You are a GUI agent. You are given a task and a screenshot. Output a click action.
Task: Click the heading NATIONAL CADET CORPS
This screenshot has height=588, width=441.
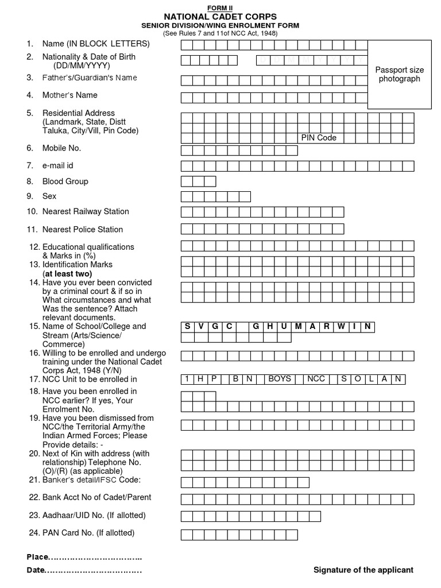click(220, 17)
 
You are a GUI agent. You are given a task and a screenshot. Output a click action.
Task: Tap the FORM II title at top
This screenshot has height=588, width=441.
click(220, 6)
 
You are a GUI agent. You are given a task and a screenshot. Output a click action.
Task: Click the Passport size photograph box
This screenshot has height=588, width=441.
click(400, 74)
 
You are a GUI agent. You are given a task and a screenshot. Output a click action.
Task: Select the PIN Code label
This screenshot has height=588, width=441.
click(319, 138)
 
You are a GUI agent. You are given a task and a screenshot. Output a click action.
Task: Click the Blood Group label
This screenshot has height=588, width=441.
click(65, 181)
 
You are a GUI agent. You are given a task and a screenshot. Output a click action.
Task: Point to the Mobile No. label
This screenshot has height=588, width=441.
click(61, 148)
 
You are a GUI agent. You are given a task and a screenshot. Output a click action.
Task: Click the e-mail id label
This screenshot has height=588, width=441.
click(57, 165)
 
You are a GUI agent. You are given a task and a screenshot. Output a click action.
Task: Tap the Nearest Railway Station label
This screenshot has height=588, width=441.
click(85, 211)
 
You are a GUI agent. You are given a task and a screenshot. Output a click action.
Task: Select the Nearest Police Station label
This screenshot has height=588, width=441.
click(82, 229)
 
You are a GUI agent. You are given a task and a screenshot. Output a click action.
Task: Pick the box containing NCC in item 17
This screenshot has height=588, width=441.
click(316, 379)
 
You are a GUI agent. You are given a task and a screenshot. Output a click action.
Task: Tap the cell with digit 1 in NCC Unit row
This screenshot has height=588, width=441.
click(187, 379)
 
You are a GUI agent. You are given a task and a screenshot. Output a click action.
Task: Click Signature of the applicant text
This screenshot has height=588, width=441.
click(363, 570)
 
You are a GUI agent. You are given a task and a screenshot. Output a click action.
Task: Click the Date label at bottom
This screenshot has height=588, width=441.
click(36, 570)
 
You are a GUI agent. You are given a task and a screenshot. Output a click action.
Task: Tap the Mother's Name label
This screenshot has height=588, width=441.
click(69, 95)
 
